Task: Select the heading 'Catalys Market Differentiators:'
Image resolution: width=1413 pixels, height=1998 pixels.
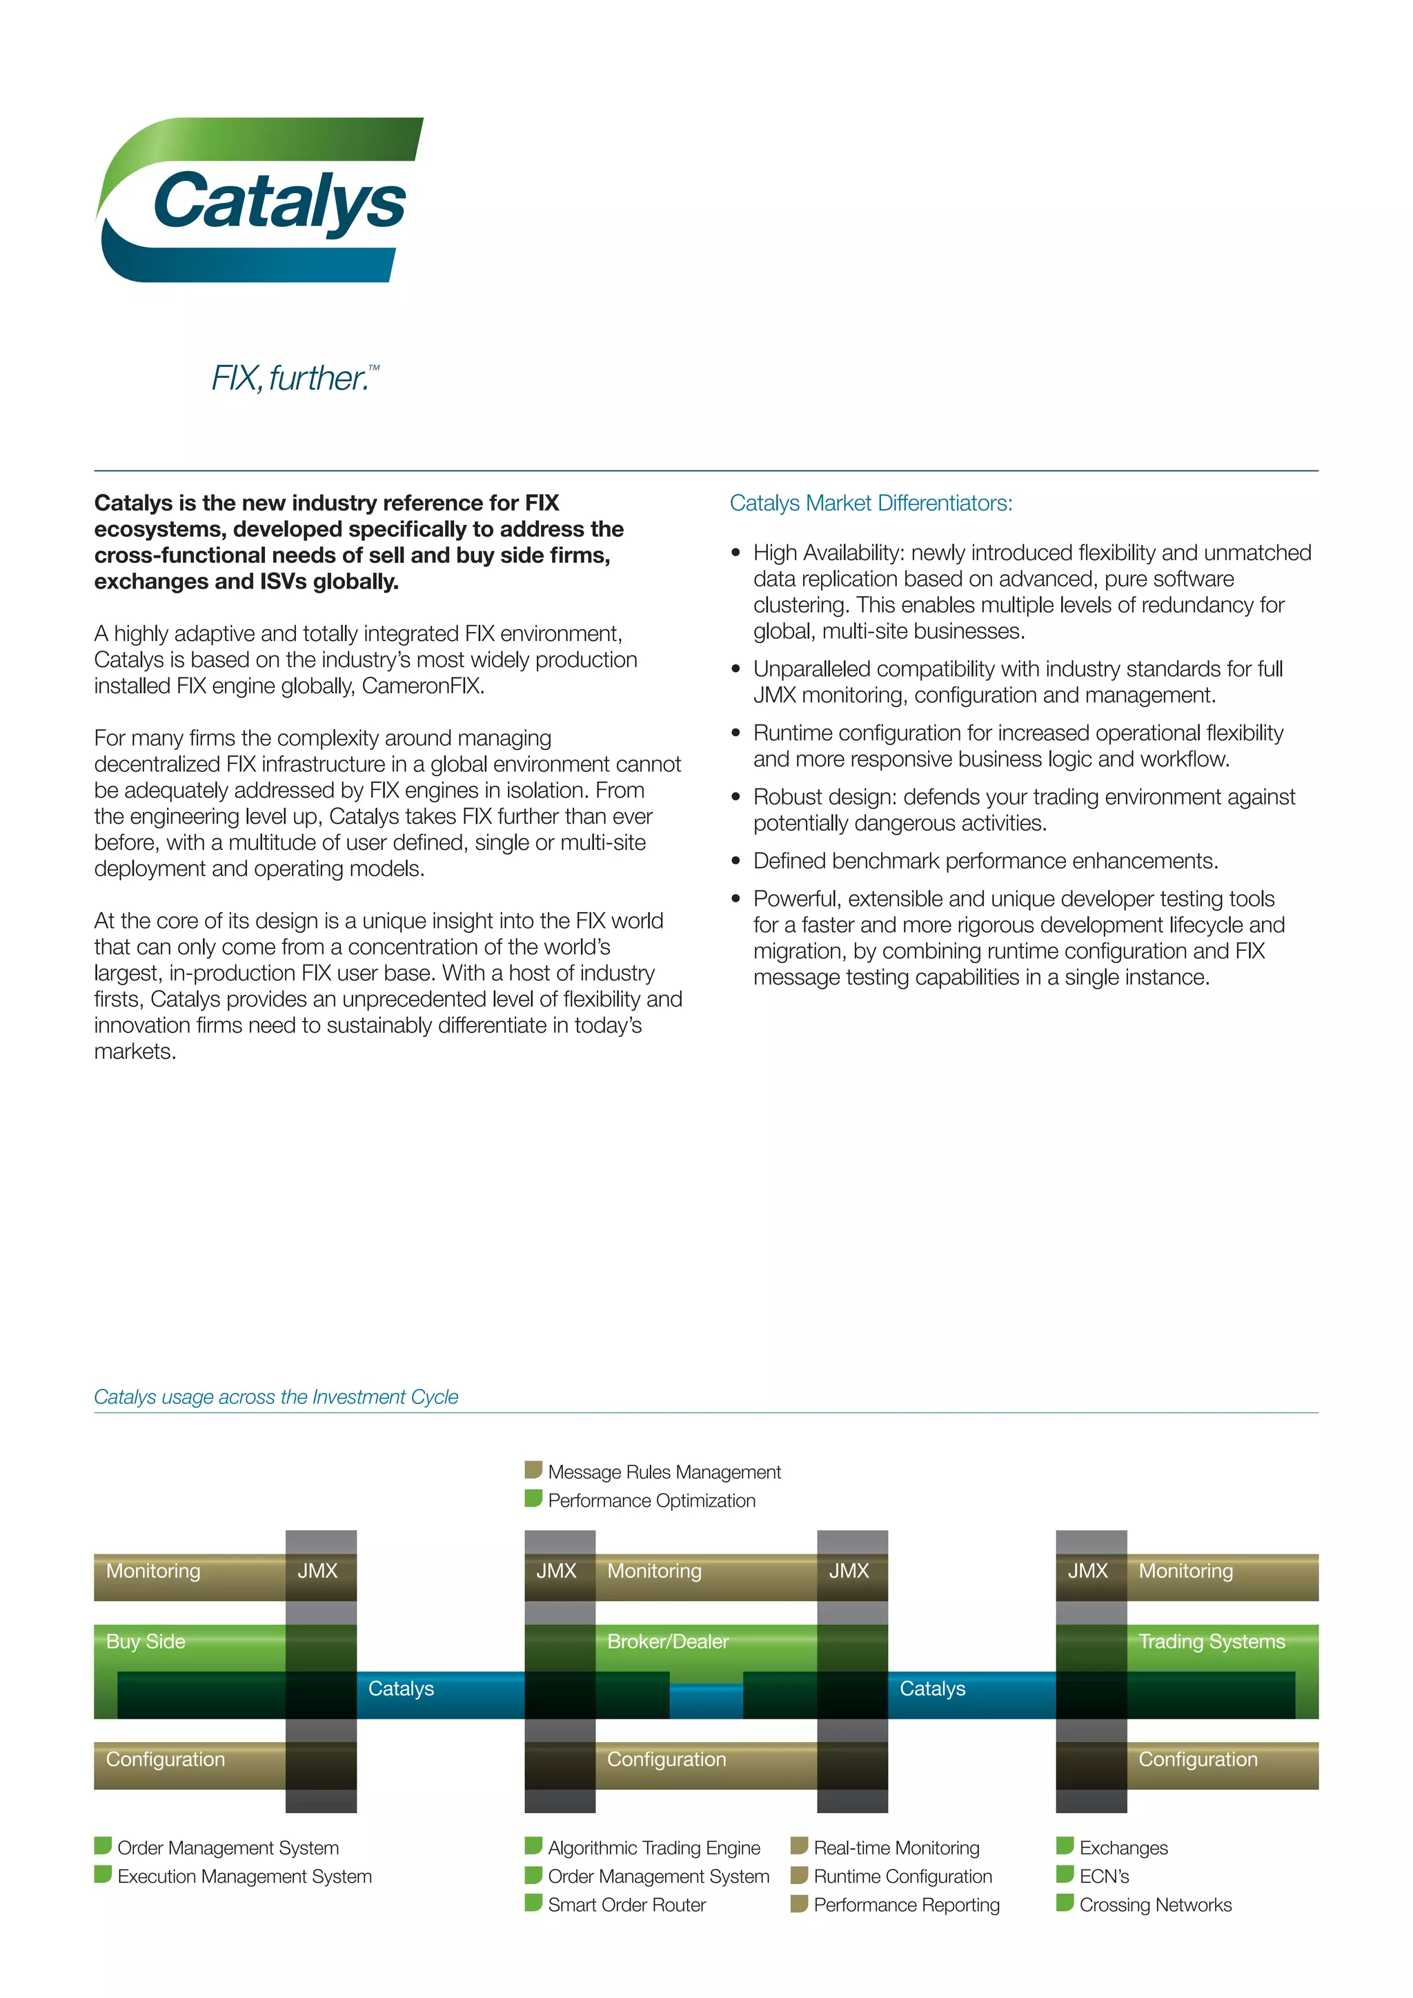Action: [x=871, y=503]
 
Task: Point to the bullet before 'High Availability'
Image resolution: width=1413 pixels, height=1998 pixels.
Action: [x=736, y=553]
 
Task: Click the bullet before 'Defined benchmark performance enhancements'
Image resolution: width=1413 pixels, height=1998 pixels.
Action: [x=736, y=862]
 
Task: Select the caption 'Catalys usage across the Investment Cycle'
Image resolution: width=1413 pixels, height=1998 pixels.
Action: [x=276, y=1396]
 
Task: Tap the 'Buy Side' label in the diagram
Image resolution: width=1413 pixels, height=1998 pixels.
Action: [x=146, y=1641]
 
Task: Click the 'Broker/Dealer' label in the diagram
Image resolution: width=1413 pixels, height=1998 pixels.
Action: [x=667, y=1641]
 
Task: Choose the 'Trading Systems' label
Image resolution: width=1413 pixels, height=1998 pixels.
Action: [x=1211, y=1641]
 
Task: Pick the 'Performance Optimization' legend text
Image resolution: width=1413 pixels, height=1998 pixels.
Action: [x=652, y=1501]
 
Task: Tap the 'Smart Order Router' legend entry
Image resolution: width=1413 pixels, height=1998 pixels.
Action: [x=626, y=1905]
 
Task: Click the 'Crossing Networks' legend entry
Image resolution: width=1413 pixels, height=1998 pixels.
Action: [x=1156, y=1905]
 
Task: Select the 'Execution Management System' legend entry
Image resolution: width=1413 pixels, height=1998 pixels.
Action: [x=244, y=1876]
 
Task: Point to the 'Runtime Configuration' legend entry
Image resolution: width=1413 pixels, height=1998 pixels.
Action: [x=902, y=1876]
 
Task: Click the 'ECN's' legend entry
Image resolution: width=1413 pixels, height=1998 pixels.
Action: [x=1104, y=1876]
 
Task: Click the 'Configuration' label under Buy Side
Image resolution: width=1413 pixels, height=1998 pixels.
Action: [x=166, y=1759]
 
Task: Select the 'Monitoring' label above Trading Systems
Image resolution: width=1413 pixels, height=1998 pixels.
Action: [x=1186, y=1571]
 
